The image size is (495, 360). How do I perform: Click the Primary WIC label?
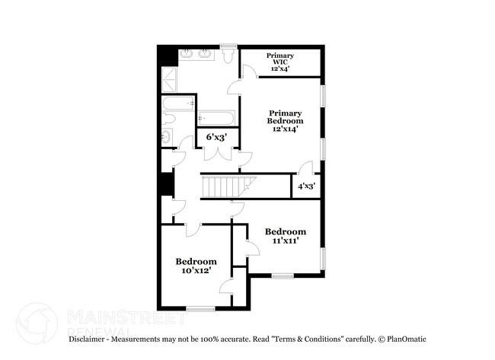(280, 62)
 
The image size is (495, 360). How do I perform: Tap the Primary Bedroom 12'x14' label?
(285, 121)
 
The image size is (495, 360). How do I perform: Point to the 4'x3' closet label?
(307, 186)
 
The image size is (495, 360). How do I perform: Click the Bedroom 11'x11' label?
(285, 236)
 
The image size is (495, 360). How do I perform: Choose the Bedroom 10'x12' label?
(196, 266)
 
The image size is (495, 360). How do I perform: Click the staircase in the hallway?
(226, 186)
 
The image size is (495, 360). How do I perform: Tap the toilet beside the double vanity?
(228, 57)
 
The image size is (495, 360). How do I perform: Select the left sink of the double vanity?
(187, 54)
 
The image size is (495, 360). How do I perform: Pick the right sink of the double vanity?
(206, 54)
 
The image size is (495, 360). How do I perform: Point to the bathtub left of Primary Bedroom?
(216, 119)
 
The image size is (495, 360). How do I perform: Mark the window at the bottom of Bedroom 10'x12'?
(200, 308)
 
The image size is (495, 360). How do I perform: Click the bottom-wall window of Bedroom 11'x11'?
(283, 276)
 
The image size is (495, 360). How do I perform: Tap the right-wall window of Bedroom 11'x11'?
(323, 259)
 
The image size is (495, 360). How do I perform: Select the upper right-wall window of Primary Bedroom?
(323, 96)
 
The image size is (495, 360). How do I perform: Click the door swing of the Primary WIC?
(248, 72)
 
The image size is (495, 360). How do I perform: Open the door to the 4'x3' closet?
(305, 169)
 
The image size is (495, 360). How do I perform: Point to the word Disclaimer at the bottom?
(89, 339)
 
